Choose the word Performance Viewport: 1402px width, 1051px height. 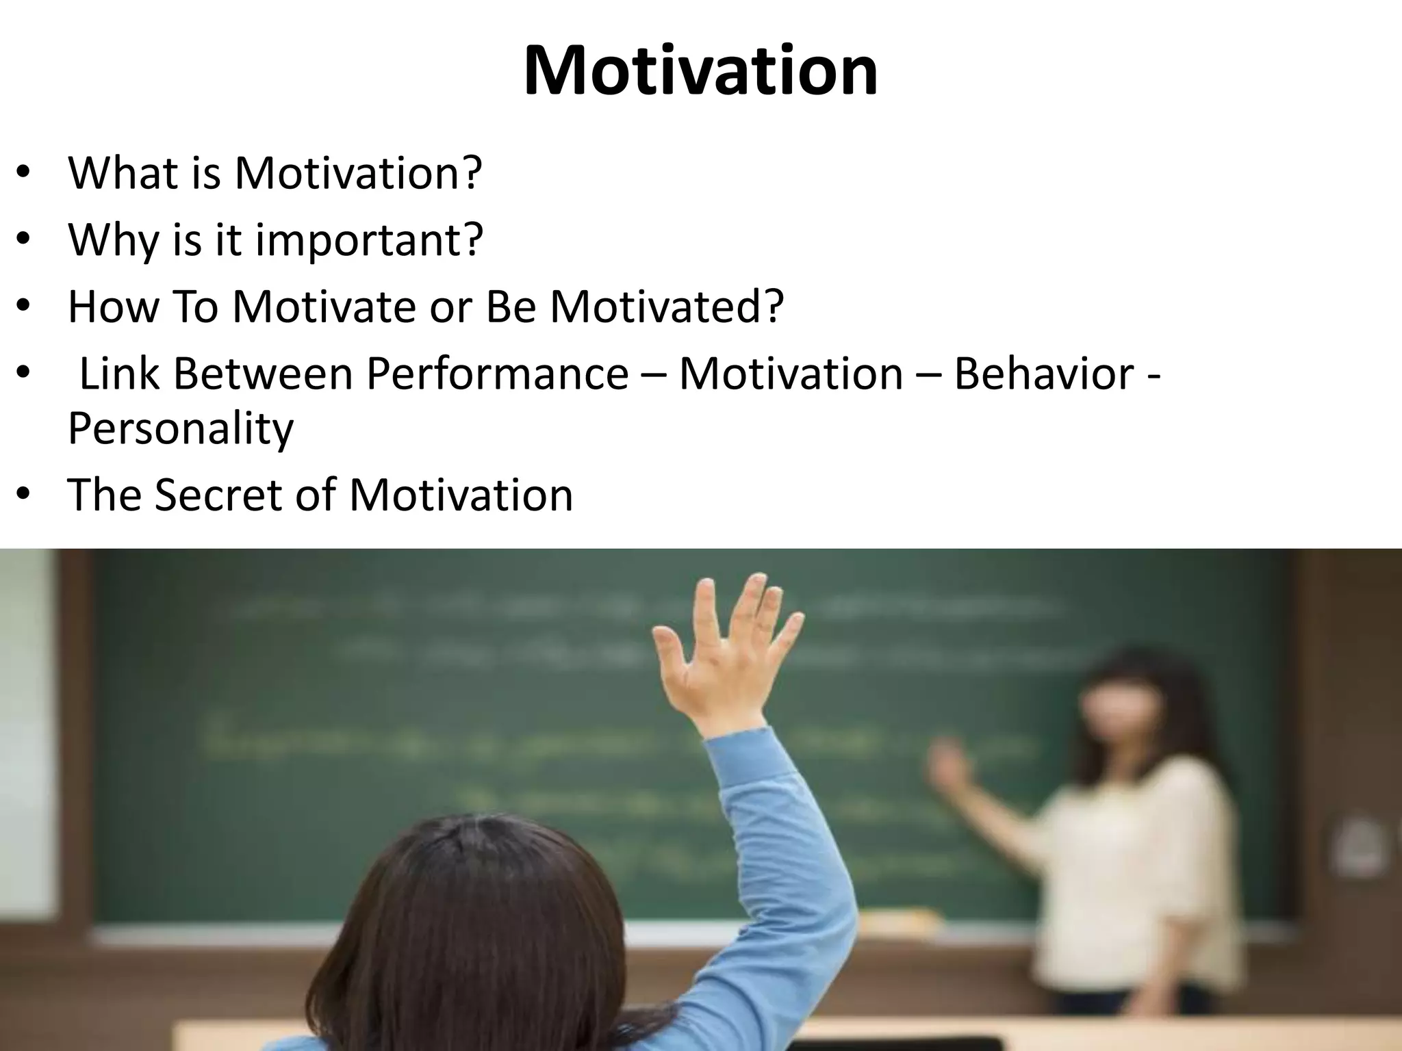(x=497, y=374)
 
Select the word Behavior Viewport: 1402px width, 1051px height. (x=1043, y=374)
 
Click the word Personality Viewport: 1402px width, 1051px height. (x=181, y=428)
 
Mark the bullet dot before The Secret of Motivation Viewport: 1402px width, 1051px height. (x=24, y=494)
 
